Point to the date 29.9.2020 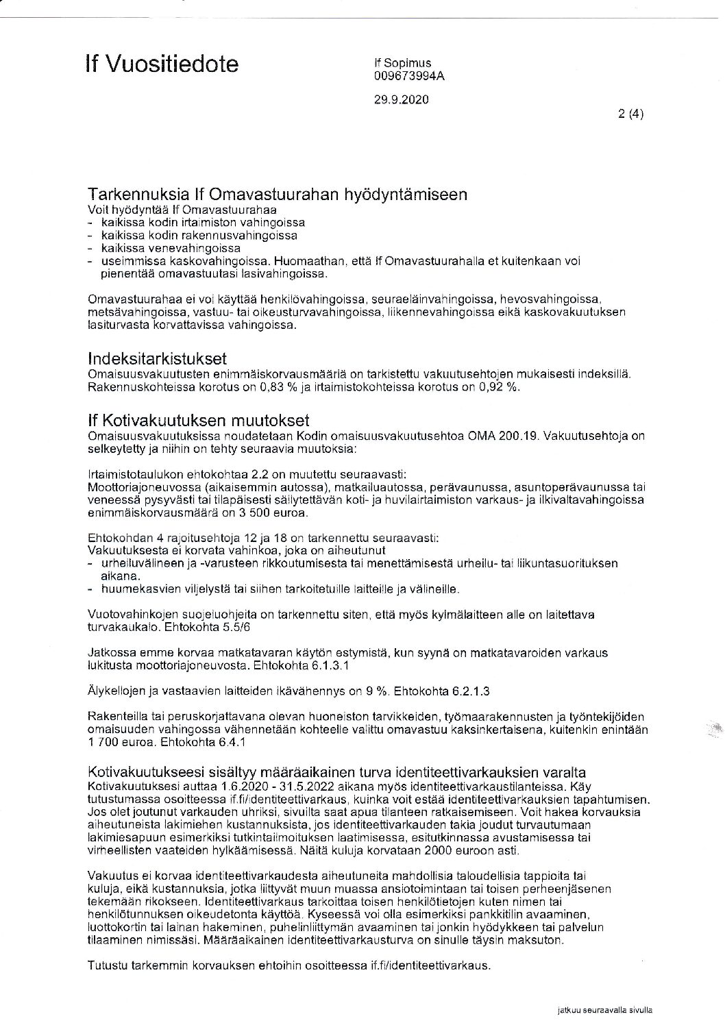point(401,99)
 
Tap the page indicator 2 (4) point(630,114)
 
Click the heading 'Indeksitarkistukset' point(157,359)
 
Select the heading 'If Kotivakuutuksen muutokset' point(198,419)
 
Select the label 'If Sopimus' point(402,64)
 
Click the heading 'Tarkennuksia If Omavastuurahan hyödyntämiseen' point(278,194)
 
